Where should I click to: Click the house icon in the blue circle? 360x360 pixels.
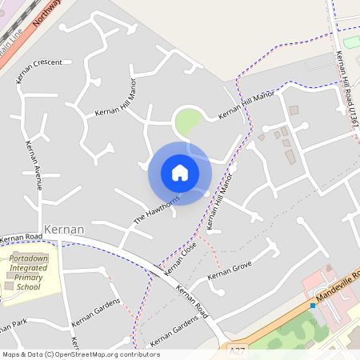tap(179, 172)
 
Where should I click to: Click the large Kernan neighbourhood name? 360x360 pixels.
tap(64, 229)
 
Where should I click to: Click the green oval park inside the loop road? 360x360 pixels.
tap(187, 122)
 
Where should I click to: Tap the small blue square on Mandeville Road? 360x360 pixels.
tap(312, 306)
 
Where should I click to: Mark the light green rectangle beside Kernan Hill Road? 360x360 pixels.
tap(351, 41)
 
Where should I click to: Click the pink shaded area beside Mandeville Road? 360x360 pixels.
tap(324, 285)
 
